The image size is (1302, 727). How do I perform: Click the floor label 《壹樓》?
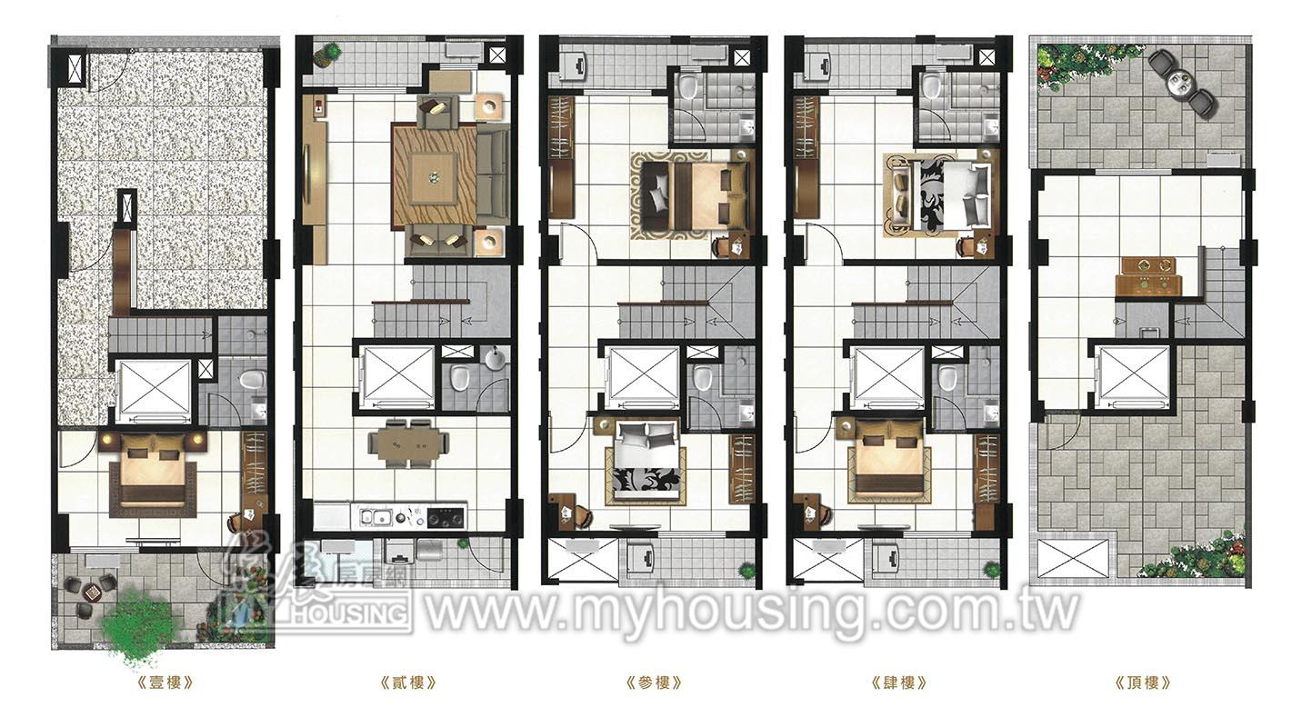(164, 682)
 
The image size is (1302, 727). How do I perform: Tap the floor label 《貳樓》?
(408, 682)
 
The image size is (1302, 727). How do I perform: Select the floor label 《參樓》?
(654, 682)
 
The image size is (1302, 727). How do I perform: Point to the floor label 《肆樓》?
(898, 682)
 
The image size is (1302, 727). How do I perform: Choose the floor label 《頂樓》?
(1143, 682)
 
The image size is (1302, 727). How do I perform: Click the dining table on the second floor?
(408, 444)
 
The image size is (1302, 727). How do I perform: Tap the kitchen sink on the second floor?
(374, 517)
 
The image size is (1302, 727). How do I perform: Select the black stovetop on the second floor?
(446, 517)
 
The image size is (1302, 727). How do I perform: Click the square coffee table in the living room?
(433, 175)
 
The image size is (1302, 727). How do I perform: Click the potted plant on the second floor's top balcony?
(325, 54)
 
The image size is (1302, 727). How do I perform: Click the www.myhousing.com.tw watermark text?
(751, 611)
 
